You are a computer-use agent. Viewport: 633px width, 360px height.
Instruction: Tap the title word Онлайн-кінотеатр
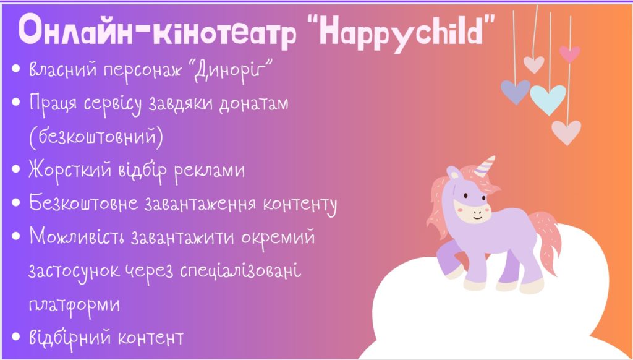point(158,32)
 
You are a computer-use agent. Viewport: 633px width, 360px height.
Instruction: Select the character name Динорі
point(233,70)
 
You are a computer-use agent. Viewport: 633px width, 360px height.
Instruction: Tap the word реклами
point(210,171)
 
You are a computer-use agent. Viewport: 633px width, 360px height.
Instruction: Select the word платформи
point(74,305)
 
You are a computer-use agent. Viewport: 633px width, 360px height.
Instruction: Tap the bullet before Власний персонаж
point(16,68)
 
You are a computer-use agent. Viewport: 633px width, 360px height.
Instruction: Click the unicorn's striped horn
point(485,166)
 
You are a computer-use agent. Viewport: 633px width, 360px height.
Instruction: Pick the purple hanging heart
point(516,92)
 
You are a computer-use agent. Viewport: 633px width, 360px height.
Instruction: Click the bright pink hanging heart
point(569,54)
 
